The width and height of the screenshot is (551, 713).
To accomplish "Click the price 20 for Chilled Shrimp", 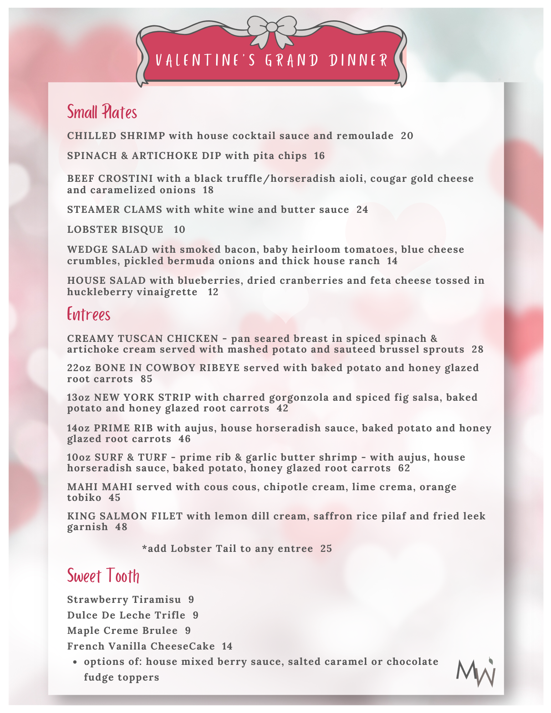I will coord(407,136).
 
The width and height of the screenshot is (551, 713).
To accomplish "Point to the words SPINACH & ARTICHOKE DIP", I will coord(144,156).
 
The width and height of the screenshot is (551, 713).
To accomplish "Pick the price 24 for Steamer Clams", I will coord(362,209).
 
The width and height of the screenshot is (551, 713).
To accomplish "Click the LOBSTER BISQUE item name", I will coord(115,229).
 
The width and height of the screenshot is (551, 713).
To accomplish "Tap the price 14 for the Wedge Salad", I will coord(392,261).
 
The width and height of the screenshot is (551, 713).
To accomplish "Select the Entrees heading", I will coord(89,314).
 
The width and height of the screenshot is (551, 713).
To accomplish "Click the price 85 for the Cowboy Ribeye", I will coord(146,379).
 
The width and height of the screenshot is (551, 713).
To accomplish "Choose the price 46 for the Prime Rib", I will coord(185,438).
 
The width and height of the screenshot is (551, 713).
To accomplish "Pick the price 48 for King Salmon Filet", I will coord(121,527).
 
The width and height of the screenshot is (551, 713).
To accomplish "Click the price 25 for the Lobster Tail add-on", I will coord(326,548).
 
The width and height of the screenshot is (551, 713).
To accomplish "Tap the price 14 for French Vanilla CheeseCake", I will coord(227,646).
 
